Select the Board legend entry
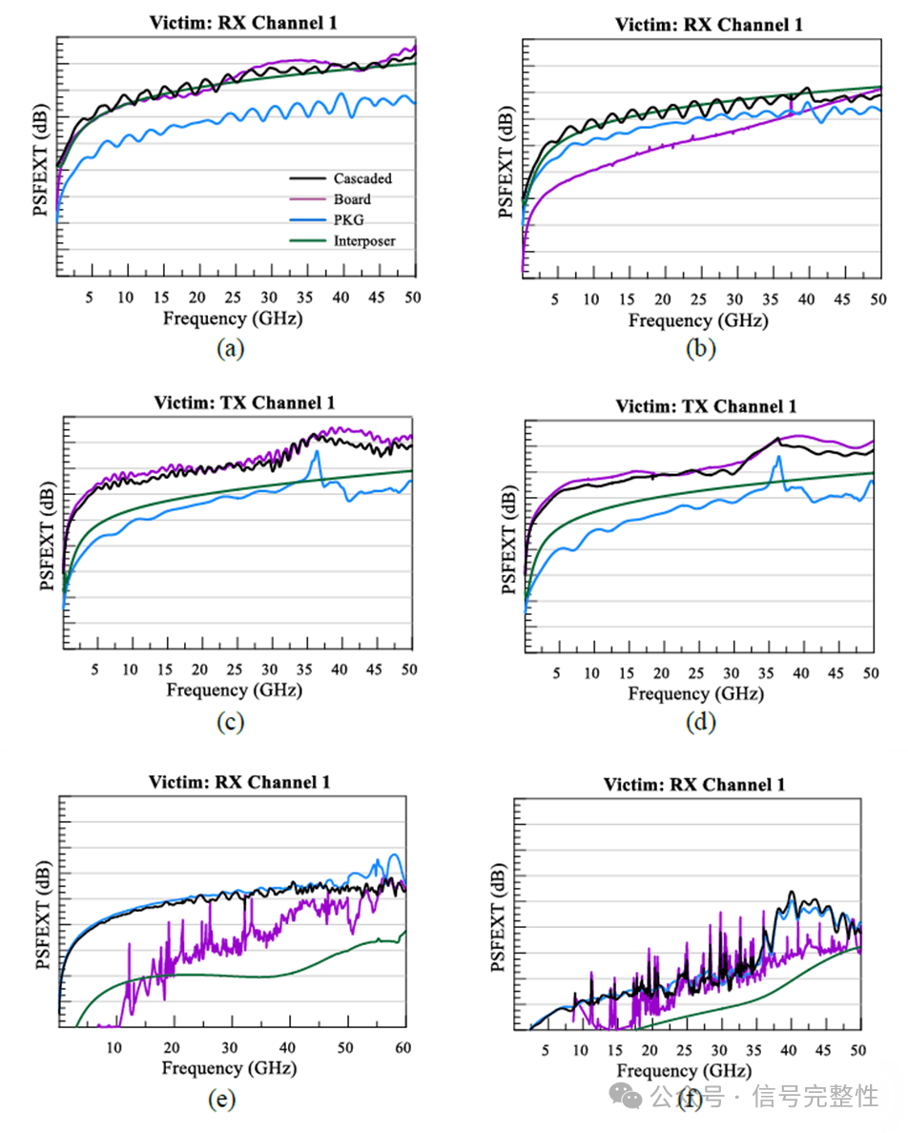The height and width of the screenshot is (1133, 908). [352, 199]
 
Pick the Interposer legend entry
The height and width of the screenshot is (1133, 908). [363, 241]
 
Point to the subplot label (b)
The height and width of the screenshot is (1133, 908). [701, 348]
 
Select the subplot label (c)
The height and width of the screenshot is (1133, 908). [230, 722]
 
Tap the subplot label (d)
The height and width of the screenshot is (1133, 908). [701, 722]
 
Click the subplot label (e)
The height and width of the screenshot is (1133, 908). [221, 1100]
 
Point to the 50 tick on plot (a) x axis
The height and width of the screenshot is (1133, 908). [412, 297]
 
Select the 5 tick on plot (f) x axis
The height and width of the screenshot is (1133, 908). [546, 1049]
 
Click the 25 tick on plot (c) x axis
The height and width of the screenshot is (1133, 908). [236, 670]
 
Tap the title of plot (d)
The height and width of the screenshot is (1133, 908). [706, 406]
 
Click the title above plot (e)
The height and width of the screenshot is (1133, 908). [238, 782]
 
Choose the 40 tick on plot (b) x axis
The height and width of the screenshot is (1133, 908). [806, 299]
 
